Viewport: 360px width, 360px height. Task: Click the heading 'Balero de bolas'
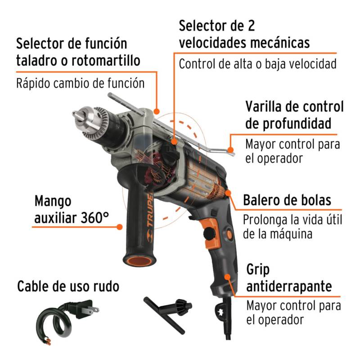pos(287,200)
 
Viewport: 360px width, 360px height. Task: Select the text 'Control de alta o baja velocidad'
pos(257,63)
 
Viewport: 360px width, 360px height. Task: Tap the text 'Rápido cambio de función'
pos(80,84)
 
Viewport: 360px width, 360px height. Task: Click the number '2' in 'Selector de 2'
pos(250,26)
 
